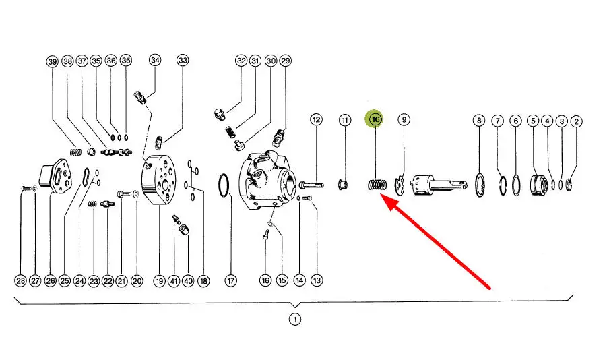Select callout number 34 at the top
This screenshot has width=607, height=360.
click(x=156, y=61)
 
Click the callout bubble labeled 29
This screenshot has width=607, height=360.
click(x=286, y=61)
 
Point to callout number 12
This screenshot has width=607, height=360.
click(x=317, y=120)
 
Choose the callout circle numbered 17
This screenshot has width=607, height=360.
click(x=231, y=280)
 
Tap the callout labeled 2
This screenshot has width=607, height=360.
click(x=576, y=121)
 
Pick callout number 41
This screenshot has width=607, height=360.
click(x=173, y=280)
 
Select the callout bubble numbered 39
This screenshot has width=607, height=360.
click(x=53, y=61)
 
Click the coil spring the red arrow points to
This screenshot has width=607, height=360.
click(x=377, y=184)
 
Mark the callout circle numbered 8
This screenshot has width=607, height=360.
click(x=479, y=121)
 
